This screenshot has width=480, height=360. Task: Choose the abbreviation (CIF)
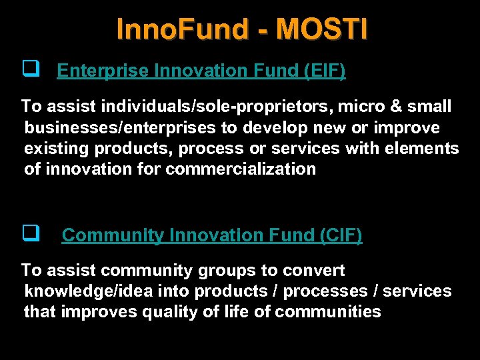coord(340,235)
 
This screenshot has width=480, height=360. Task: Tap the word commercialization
coord(241,169)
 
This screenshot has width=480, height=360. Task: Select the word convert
coord(314,271)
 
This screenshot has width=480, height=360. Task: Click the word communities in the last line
coord(328,312)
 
